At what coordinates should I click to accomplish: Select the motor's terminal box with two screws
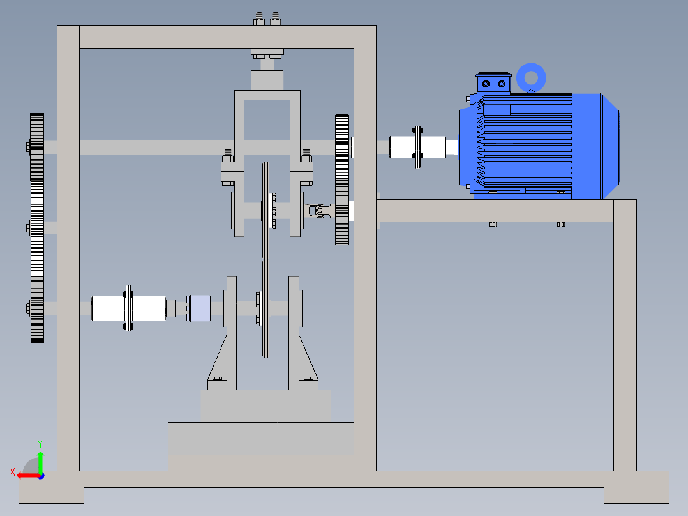point(493,82)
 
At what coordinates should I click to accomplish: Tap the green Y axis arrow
point(40,461)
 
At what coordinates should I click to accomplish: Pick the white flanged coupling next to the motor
point(417,147)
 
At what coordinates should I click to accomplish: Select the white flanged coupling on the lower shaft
point(128,308)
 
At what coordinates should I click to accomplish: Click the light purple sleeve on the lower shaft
point(198,308)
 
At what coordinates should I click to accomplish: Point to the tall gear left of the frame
point(37,228)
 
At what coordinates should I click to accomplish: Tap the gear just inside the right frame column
point(342,179)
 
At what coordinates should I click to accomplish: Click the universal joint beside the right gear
point(319,211)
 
